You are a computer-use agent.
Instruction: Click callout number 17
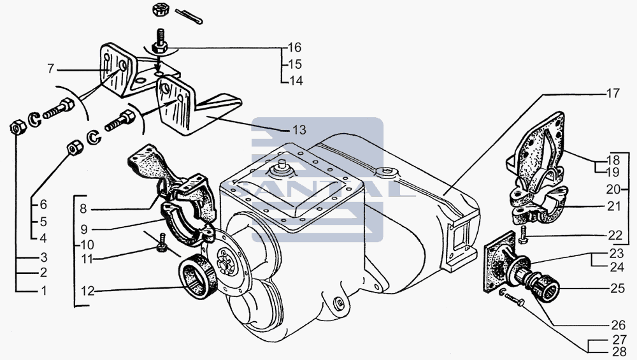[x=613, y=93]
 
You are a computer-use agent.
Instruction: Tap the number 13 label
[x=299, y=130]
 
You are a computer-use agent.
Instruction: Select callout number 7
[x=50, y=69]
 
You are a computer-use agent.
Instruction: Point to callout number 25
[x=617, y=288]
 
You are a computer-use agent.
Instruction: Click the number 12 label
[x=87, y=291]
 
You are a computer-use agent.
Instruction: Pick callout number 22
[x=615, y=235]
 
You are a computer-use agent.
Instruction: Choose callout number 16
[x=294, y=48]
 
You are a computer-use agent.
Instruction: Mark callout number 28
[x=620, y=352]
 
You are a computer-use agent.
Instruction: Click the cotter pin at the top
[x=189, y=17]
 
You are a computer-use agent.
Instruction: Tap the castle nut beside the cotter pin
[x=158, y=10]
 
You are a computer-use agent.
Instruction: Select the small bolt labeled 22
[x=523, y=235]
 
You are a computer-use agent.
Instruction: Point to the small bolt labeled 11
[x=162, y=243]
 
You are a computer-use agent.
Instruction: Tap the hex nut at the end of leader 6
[x=75, y=148]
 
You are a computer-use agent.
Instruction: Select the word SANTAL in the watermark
[x=317, y=189]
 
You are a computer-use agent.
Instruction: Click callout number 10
[x=87, y=245]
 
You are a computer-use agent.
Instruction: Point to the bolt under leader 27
[x=515, y=299]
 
